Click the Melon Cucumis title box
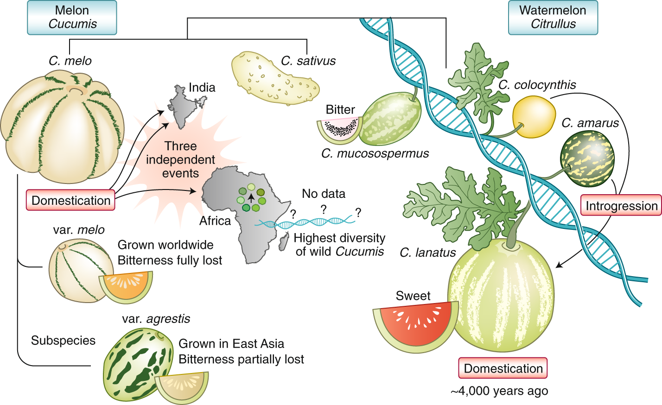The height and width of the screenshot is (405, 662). point(72,18)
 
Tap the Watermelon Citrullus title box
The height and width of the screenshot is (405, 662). point(553,18)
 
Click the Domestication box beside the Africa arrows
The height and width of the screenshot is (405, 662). point(70,200)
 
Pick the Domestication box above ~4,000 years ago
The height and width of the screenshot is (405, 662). point(503,368)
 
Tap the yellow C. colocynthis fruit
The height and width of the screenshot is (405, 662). point(534,117)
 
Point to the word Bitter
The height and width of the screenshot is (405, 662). point(340,110)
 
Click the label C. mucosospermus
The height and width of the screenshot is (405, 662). point(375,153)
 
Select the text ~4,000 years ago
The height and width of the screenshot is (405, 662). point(499,391)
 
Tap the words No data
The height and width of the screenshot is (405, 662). point(324,194)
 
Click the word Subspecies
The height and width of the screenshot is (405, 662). point(63,341)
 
